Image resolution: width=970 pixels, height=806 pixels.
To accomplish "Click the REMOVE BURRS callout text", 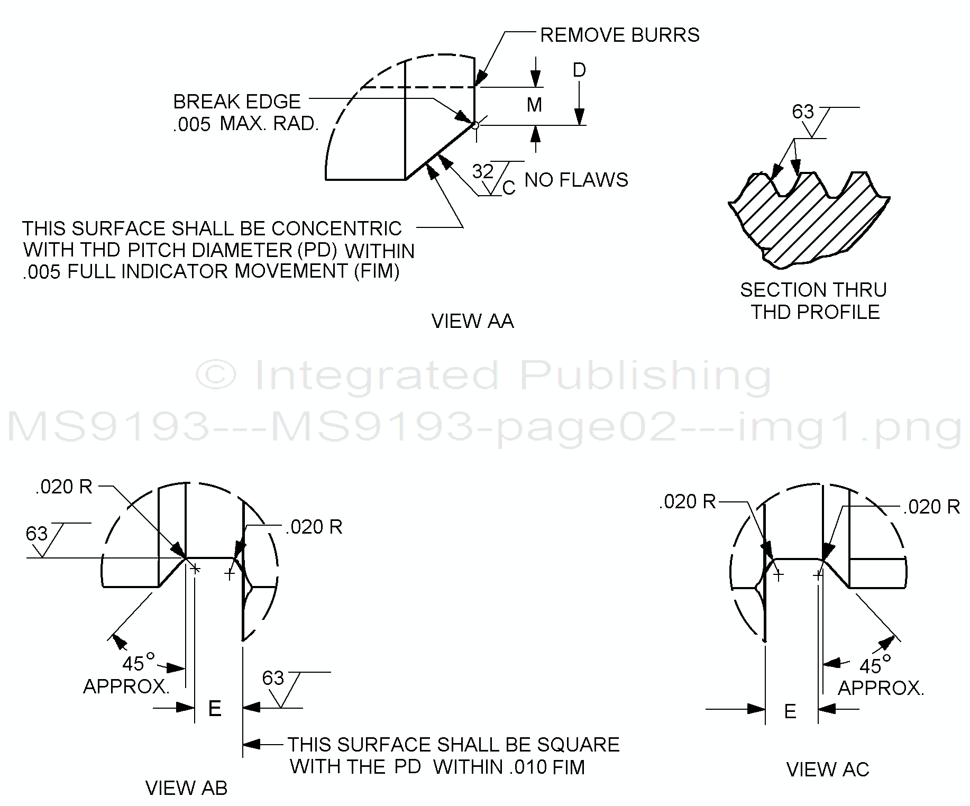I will pos(619,35).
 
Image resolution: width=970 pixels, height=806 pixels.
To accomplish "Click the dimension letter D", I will pos(579,70).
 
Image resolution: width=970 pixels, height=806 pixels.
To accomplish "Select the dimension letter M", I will pos(534,105).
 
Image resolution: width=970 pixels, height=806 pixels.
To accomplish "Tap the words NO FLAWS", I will pos(576,180).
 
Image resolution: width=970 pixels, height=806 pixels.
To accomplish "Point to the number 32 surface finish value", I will pos(482,172).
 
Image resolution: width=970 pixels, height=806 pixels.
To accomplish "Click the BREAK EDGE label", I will pos(236,102).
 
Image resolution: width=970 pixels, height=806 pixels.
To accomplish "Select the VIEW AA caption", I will pos(472,321).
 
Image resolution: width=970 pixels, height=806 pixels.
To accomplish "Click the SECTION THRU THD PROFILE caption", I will pos(813,301).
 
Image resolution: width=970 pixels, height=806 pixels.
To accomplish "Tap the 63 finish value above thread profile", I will pos(802,112).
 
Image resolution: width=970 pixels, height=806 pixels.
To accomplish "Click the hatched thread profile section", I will pos(809,222).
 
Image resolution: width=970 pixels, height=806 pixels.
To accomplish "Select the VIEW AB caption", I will pos(186,788).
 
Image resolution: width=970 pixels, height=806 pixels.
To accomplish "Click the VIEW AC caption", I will pos(827,770).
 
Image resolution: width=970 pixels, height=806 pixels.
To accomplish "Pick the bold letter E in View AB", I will pos(214,709).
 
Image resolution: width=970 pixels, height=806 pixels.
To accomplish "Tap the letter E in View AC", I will pos(790,712).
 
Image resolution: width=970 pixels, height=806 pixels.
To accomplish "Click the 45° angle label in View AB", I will pos(136,663).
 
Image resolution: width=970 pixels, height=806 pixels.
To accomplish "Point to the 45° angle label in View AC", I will pos(874,666).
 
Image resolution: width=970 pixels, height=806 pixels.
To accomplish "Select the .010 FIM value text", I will pos(547,767).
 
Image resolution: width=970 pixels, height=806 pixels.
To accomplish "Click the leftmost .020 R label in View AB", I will pos(63,487).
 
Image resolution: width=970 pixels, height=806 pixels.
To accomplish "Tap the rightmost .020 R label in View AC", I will pos(931,507).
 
